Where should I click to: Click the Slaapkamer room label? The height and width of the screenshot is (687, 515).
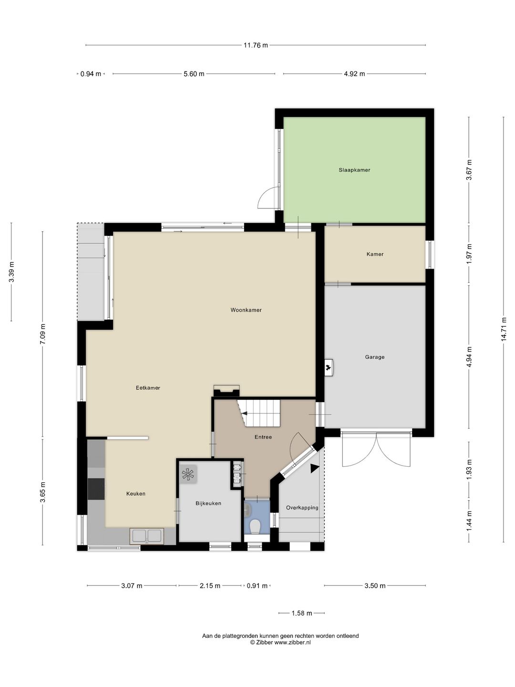click(x=354, y=170)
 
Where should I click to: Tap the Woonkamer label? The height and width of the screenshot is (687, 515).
click(x=246, y=310)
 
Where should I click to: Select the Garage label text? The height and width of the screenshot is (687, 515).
click(x=374, y=357)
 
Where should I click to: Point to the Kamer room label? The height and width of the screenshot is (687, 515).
click(x=375, y=254)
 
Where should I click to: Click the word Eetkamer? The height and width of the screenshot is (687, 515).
click(x=148, y=388)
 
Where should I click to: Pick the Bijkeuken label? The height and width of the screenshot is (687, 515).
click(x=208, y=503)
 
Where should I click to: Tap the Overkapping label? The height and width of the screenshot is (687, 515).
click(x=302, y=508)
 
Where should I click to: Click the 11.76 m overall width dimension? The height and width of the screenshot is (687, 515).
click(x=256, y=45)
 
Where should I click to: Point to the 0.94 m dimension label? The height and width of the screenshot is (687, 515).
click(x=91, y=74)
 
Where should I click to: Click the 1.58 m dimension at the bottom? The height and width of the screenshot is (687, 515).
click(x=301, y=613)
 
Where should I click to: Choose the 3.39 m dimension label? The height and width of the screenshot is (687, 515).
click(x=11, y=272)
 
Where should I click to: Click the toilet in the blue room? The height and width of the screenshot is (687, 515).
click(x=255, y=526)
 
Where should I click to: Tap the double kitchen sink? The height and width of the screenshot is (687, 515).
click(x=147, y=535)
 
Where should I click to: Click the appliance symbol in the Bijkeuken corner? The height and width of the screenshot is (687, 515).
click(x=188, y=474)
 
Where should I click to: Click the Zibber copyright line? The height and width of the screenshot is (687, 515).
click(x=280, y=643)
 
